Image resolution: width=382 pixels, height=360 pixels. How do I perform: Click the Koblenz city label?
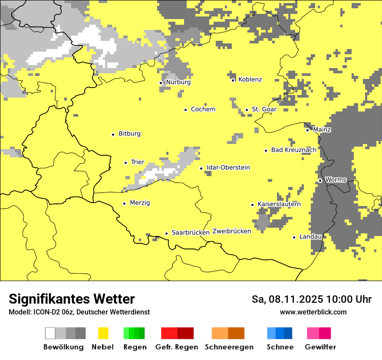pyautogui.click(x=250, y=79)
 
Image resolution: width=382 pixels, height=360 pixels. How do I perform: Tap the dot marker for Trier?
pyautogui.click(x=126, y=163)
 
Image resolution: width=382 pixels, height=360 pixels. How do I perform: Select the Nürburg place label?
pyautogui.click(x=178, y=82)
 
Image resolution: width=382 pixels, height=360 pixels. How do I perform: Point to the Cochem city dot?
pyautogui.click(x=185, y=110)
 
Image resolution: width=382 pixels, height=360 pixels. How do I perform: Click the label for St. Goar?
pyautogui.click(x=264, y=109)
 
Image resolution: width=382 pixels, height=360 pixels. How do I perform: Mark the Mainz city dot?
pyautogui.click(x=308, y=130)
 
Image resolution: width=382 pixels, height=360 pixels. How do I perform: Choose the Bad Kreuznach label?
pyautogui.click(x=293, y=150)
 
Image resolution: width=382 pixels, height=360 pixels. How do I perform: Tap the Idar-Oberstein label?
pyautogui.click(x=228, y=167)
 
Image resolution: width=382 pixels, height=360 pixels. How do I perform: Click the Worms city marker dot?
pyautogui.click(x=320, y=180)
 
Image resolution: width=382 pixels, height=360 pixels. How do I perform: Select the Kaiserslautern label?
pyautogui.click(x=279, y=204)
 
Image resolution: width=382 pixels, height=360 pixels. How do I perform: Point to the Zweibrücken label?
pyautogui.click(x=232, y=231)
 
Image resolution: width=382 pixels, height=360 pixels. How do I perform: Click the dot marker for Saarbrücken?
pyautogui.click(x=166, y=233)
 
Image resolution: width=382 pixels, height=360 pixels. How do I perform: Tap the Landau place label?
pyautogui.click(x=310, y=236)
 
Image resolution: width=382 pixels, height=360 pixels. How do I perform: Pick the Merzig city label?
pyautogui.click(x=140, y=203)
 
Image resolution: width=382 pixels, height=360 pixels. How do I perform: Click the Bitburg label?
pyautogui.click(x=129, y=134)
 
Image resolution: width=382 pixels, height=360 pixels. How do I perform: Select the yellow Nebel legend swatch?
pyautogui.click(x=103, y=333)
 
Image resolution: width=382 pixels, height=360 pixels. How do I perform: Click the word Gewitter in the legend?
pyautogui.click(x=320, y=347)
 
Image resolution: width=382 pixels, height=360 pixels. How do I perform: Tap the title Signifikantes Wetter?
pyautogui.click(x=72, y=299)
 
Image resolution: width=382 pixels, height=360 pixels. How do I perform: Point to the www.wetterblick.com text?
pyautogui.click(x=313, y=312)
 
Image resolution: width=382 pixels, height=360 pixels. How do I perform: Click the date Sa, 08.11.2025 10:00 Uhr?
pyautogui.click(x=311, y=299)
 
